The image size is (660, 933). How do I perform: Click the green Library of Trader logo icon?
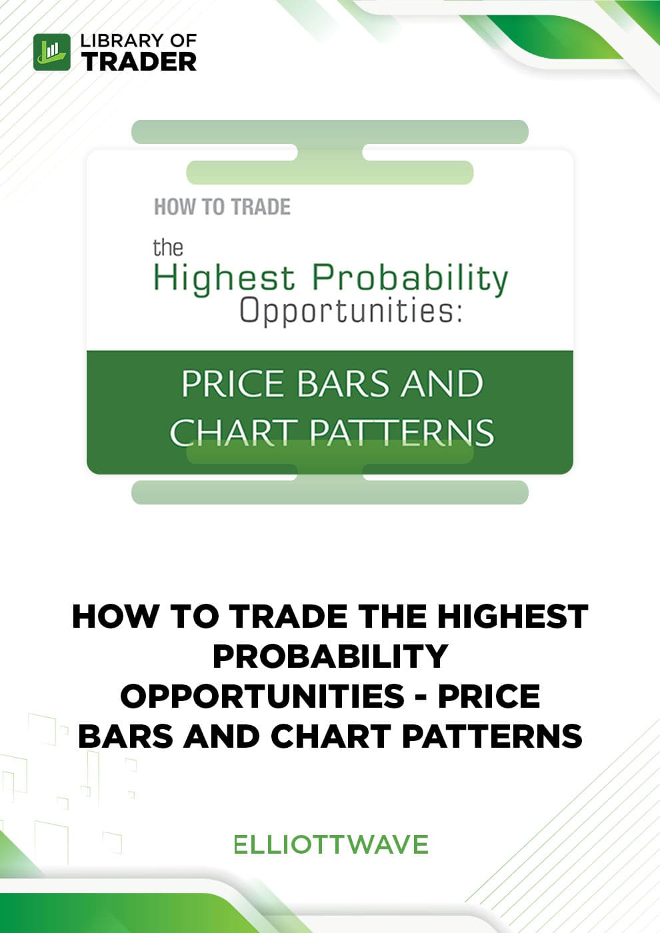point(52,52)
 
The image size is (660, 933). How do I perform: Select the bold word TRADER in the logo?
point(139,61)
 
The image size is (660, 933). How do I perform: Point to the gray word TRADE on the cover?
point(261,207)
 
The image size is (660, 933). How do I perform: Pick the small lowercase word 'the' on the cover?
point(167,247)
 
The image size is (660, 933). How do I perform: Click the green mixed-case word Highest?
point(224,279)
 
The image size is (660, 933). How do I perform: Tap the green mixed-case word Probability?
point(410,279)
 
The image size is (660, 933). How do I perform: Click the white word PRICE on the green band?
point(234,384)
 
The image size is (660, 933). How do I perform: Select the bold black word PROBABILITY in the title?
point(330,656)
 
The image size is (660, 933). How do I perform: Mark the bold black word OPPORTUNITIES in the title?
point(262,696)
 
